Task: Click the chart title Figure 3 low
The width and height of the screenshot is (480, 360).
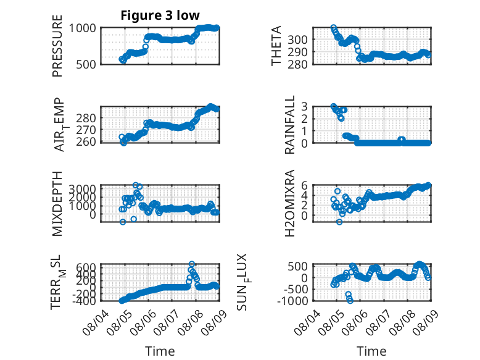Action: coord(160,15)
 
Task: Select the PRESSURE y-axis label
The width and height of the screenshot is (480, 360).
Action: coord(57,46)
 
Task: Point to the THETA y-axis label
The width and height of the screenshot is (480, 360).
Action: coord(276,46)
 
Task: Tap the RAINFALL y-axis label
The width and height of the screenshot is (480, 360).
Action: coord(289,125)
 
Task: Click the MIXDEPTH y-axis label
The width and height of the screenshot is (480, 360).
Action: coord(57,204)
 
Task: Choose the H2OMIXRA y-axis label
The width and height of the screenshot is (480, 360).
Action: coord(289,203)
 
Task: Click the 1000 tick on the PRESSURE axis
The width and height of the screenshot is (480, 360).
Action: coord(82,28)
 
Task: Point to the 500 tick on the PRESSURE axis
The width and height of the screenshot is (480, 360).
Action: coord(86,64)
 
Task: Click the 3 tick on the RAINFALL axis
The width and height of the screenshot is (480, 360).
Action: coord(304,107)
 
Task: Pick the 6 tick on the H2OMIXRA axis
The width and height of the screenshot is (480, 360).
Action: coord(304,185)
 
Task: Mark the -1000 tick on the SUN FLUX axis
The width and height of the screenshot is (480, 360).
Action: coord(292,301)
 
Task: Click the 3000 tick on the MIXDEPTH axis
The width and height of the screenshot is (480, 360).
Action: coord(82,188)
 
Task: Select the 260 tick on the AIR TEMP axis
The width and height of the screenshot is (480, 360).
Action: coord(86,142)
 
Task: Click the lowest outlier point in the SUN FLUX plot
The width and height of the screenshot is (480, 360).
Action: coord(350,301)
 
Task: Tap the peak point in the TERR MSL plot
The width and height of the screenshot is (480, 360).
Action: coord(192,264)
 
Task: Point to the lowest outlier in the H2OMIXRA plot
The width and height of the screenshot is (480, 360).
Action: coord(339,222)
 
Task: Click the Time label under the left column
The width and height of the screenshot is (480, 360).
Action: coord(160,351)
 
